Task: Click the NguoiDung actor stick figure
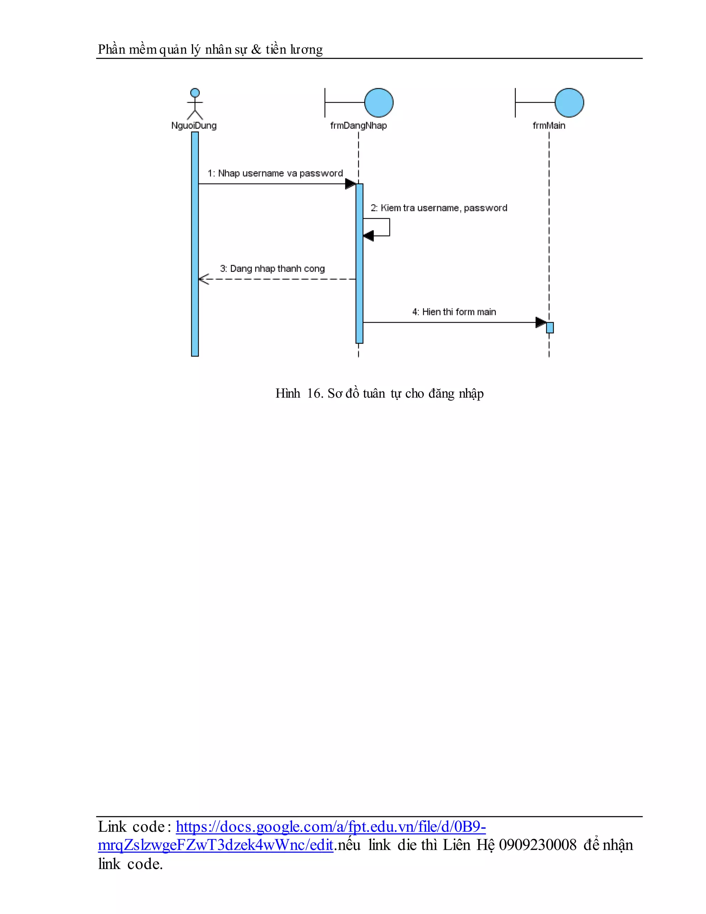click(x=195, y=104)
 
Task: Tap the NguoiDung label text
click(x=194, y=126)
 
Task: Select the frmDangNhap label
click(x=359, y=126)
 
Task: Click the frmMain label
click(x=549, y=126)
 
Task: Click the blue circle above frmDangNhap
click(x=379, y=102)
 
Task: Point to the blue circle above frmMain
click(x=569, y=102)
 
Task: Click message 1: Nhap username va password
click(x=275, y=173)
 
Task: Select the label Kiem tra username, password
click(x=439, y=208)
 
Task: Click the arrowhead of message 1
click(x=351, y=184)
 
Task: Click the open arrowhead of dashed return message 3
click(x=203, y=279)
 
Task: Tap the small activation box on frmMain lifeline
click(x=549, y=327)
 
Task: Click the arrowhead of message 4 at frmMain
click(x=541, y=322)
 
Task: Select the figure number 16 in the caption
click(x=314, y=394)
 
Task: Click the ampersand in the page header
click(x=256, y=50)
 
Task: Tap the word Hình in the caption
click(x=288, y=394)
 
